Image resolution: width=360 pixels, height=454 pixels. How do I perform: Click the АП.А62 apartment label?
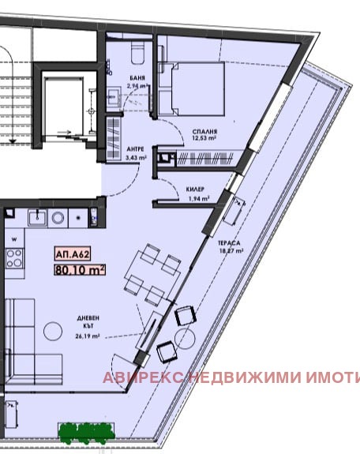(72, 254)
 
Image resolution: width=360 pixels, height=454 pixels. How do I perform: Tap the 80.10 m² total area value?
(80, 269)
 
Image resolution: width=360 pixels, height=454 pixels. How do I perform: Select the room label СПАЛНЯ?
(204, 132)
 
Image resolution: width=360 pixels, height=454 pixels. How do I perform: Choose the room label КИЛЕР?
(196, 190)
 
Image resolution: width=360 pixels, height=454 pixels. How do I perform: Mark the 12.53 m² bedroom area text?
(204, 141)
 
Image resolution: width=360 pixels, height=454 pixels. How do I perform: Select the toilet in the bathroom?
(136, 54)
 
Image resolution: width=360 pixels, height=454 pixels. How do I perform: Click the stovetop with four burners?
(14, 256)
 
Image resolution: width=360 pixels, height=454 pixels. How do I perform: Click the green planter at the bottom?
(86, 431)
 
